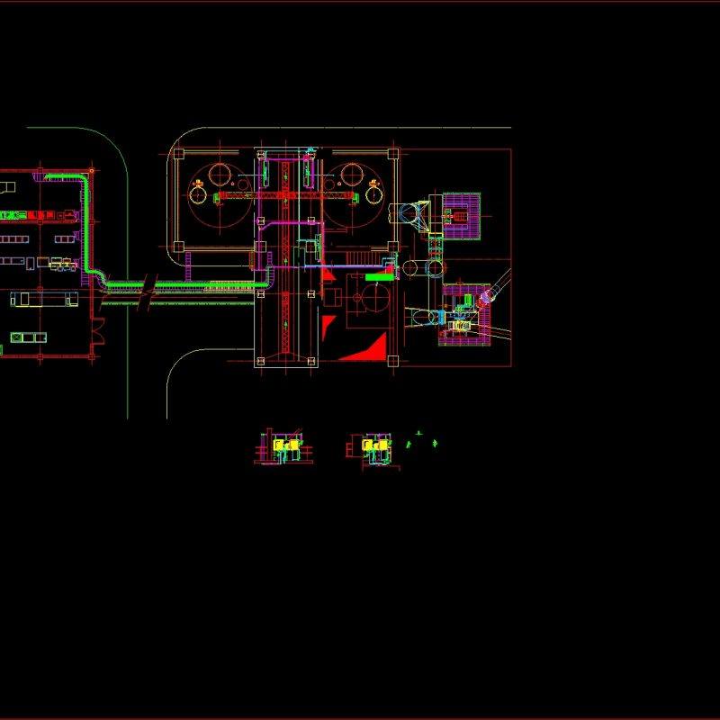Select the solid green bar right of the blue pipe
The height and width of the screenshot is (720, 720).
click(379, 278)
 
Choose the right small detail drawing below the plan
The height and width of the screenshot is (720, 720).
click(372, 447)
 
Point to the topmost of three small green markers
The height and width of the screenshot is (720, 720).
click(418, 435)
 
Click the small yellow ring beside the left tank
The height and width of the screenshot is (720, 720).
click(197, 191)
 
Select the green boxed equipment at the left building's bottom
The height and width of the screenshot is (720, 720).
click(28, 337)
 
